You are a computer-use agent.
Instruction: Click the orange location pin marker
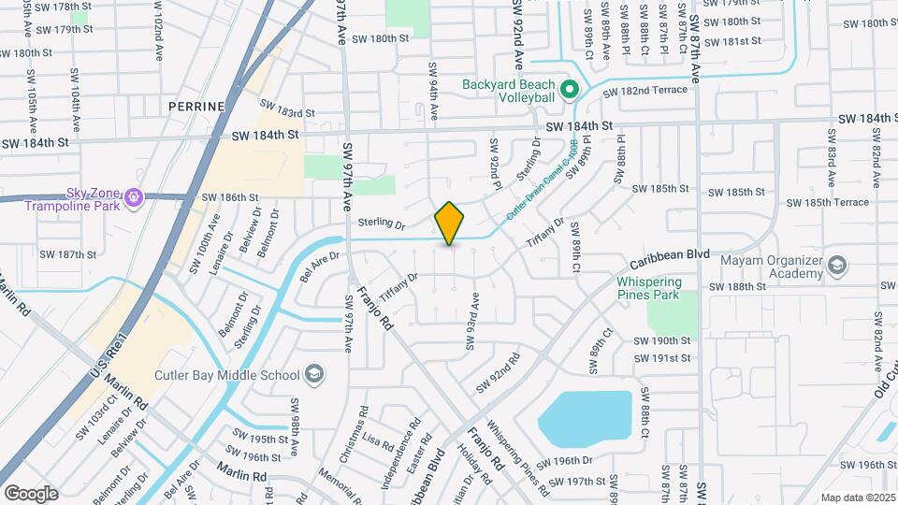click(x=449, y=224)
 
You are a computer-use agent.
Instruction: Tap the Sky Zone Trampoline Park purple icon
click(x=134, y=197)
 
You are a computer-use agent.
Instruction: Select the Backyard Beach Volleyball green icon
click(x=568, y=90)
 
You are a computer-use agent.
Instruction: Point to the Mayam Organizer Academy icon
click(x=836, y=267)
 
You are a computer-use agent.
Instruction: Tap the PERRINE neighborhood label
click(x=197, y=108)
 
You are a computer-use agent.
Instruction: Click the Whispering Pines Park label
click(x=661, y=289)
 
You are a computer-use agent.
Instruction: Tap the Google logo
click(x=31, y=493)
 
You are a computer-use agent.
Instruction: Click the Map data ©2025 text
click(x=858, y=498)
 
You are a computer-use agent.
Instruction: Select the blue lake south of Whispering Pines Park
click(x=587, y=421)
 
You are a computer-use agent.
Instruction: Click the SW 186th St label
click(x=229, y=198)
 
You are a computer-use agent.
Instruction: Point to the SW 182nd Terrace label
click(x=645, y=92)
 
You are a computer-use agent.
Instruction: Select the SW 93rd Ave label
click(x=474, y=321)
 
